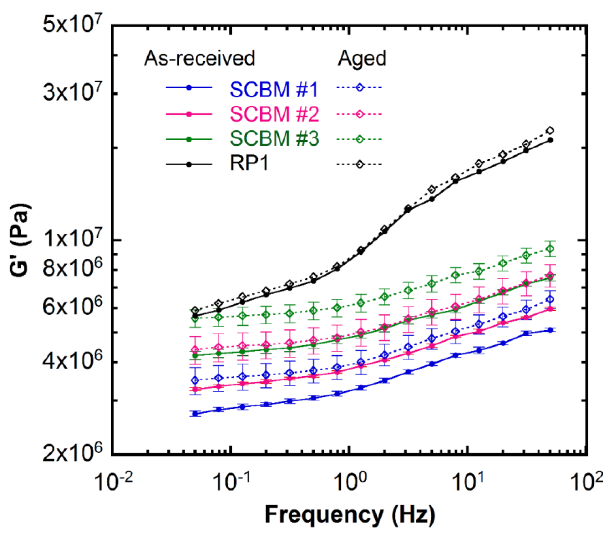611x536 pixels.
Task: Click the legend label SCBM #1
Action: click(x=274, y=89)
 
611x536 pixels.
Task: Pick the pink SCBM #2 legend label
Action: click(x=274, y=114)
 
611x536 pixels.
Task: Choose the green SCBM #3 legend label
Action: click(x=274, y=139)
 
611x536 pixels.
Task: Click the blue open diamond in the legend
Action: click(x=360, y=88)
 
